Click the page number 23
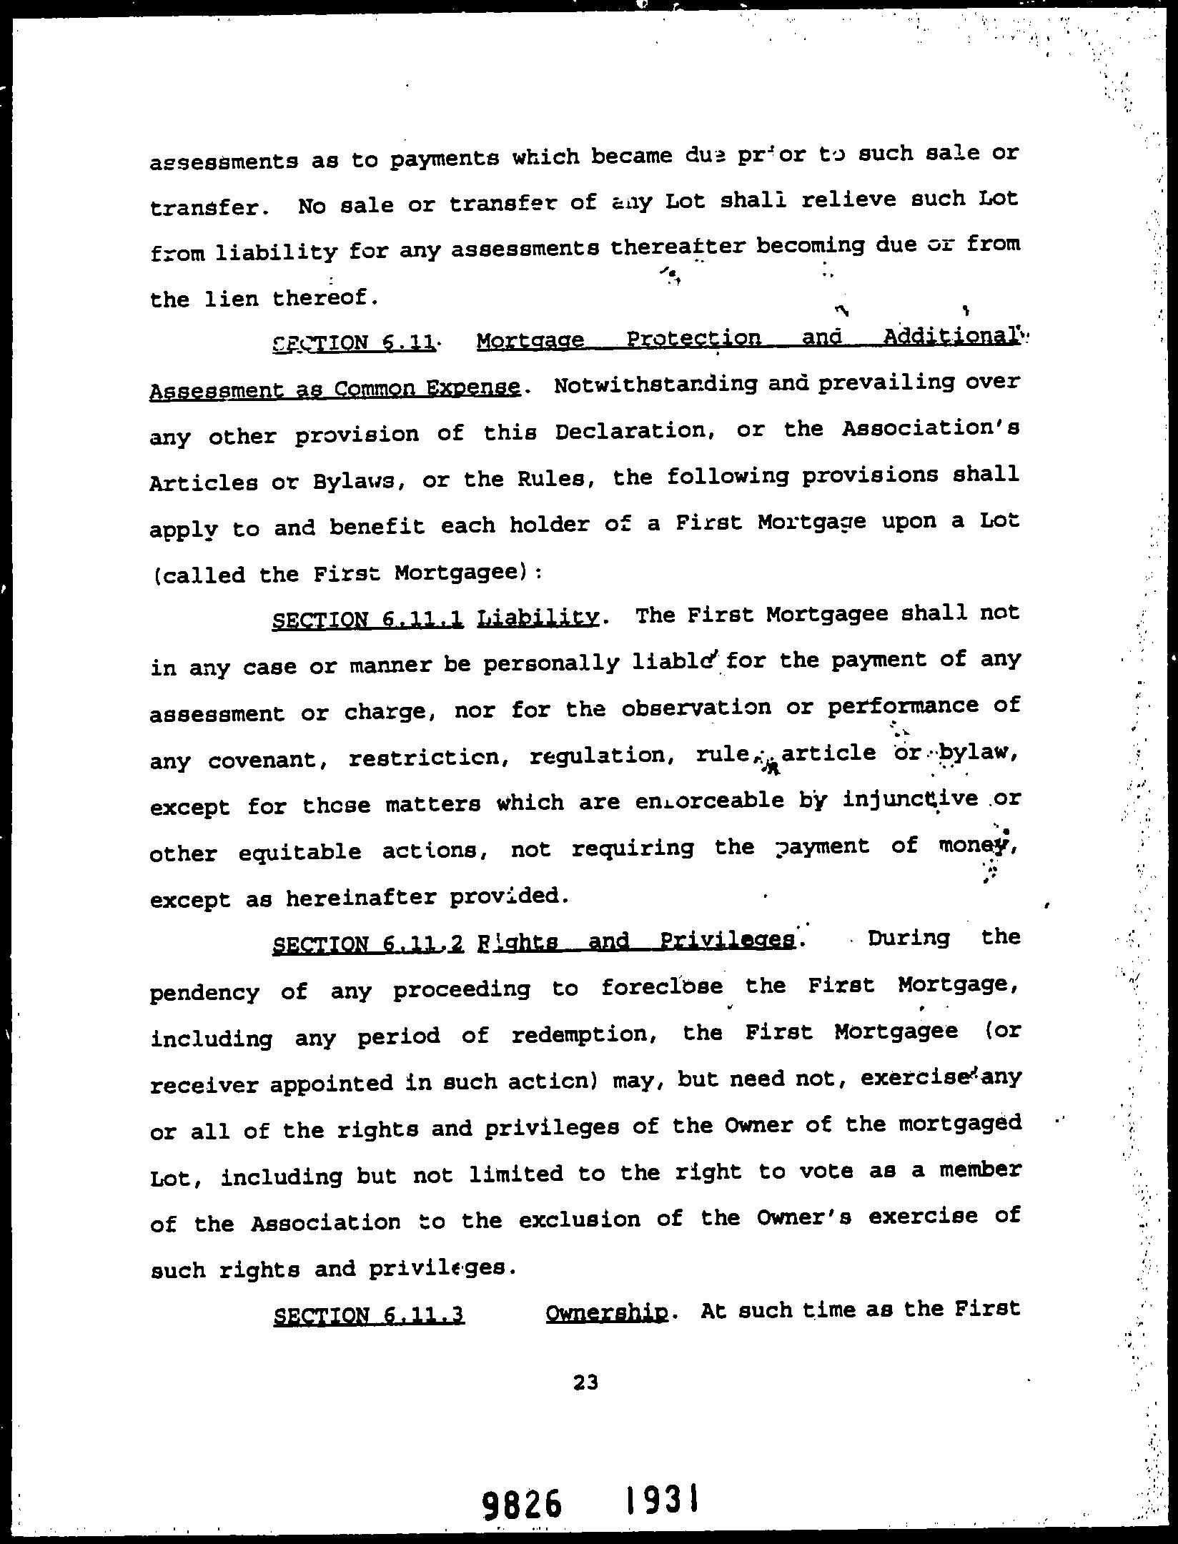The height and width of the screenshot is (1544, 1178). point(585,1382)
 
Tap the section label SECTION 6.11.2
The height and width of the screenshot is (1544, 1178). point(369,945)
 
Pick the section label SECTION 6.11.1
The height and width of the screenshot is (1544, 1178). point(369,620)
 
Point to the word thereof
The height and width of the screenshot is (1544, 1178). point(324,298)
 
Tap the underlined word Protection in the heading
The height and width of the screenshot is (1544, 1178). point(693,340)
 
